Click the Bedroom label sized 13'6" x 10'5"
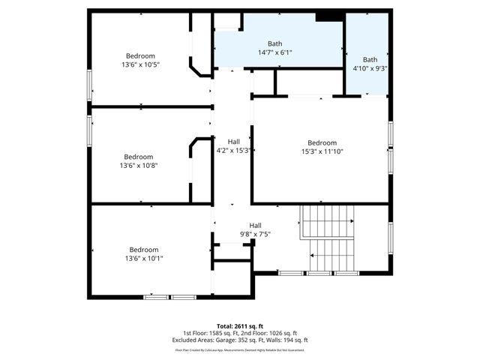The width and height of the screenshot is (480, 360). (x=140, y=55)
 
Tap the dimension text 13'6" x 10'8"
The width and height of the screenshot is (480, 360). (x=139, y=166)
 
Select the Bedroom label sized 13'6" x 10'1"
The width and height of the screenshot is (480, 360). (x=143, y=258)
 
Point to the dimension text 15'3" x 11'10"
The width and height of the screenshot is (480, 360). (x=322, y=151)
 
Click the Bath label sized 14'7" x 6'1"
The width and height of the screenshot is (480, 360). (x=274, y=52)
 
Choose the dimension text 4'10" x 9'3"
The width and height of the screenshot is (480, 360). (x=370, y=68)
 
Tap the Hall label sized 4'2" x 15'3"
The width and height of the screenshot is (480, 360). (x=233, y=140)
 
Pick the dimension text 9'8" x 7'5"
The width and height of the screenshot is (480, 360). (x=255, y=234)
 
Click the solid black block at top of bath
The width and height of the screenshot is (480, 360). (x=326, y=16)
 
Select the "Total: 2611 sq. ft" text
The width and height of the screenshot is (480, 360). (x=240, y=326)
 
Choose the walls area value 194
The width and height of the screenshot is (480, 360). (x=288, y=340)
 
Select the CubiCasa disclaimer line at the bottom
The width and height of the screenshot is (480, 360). (x=240, y=349)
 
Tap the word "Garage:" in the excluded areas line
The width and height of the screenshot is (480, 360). (x=229, y=340)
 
